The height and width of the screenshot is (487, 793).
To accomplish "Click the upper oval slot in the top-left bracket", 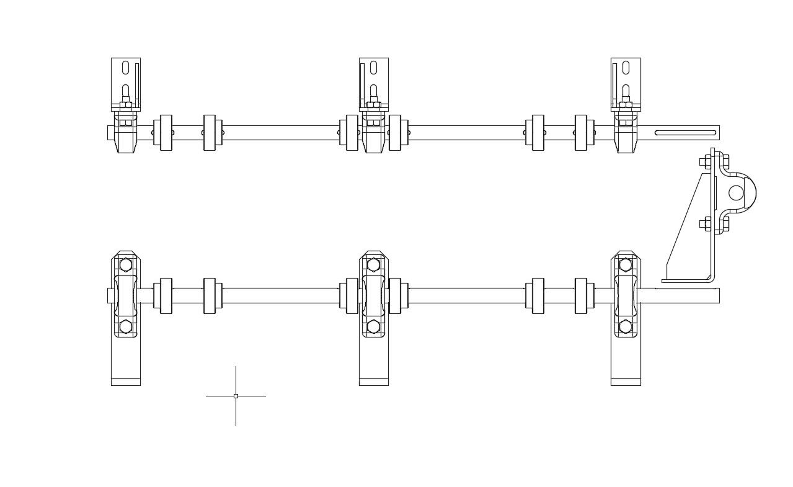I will pos(126,68).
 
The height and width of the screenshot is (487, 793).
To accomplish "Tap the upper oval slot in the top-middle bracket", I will pos(374,68).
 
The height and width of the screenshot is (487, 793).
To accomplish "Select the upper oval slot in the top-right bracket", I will pos(626,68).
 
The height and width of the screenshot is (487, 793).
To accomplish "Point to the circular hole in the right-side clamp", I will pos(736,193).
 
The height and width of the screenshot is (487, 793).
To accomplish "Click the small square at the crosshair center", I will pos(236,396).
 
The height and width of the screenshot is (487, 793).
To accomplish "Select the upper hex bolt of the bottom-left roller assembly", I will pos(126,266).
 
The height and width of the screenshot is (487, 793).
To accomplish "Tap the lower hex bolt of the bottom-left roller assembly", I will pos(126,326).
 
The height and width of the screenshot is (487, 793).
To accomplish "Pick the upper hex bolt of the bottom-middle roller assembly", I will pos(373,266).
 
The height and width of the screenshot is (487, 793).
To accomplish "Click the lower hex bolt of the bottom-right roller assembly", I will pos(626,326).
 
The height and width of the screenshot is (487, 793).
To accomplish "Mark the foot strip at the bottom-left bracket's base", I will pos(126,382).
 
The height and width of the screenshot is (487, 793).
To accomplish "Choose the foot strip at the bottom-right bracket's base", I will pos(626,382).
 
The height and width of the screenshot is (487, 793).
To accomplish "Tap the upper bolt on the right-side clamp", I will pos(707,163).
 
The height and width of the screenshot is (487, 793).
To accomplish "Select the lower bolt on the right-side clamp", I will pos(707,225).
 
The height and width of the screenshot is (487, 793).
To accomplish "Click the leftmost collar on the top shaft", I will pos(166,132).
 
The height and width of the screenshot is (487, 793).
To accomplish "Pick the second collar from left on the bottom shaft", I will pos(210,296).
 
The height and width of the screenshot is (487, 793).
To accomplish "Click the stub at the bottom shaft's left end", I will pos(110,296).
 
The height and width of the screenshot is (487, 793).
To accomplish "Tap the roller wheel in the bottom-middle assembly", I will pos(373,296).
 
